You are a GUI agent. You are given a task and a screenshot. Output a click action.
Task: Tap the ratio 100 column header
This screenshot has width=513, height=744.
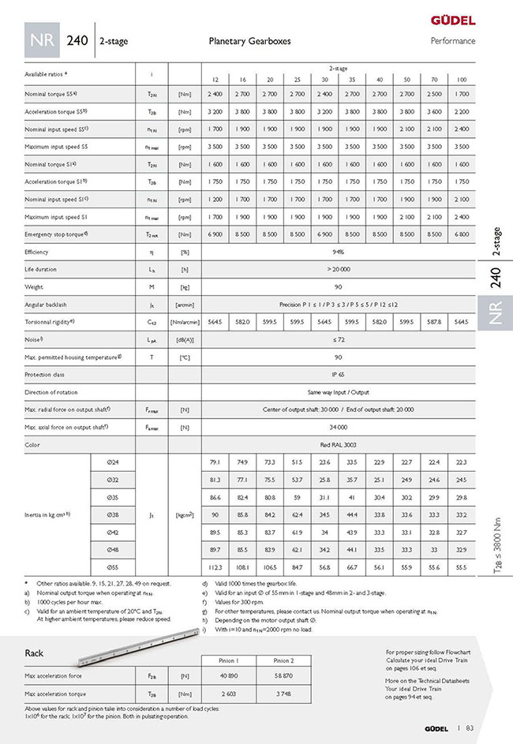coord(462,80)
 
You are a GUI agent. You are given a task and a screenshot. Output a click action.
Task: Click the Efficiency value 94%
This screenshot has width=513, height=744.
coord(338,252)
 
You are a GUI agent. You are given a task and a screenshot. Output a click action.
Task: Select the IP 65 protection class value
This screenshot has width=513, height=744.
coord(338,375)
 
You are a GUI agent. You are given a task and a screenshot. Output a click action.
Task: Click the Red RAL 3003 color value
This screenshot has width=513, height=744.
coord(338,445)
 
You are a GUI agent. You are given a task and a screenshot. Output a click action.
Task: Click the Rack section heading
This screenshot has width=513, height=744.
coord(34,653)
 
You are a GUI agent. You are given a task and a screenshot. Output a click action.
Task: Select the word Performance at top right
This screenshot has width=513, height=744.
coord(453,41)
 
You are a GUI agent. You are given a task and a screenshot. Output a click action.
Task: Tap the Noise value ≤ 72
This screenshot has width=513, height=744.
coord(338,339)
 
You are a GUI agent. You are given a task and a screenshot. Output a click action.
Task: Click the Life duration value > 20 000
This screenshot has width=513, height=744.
coord(338,270)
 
